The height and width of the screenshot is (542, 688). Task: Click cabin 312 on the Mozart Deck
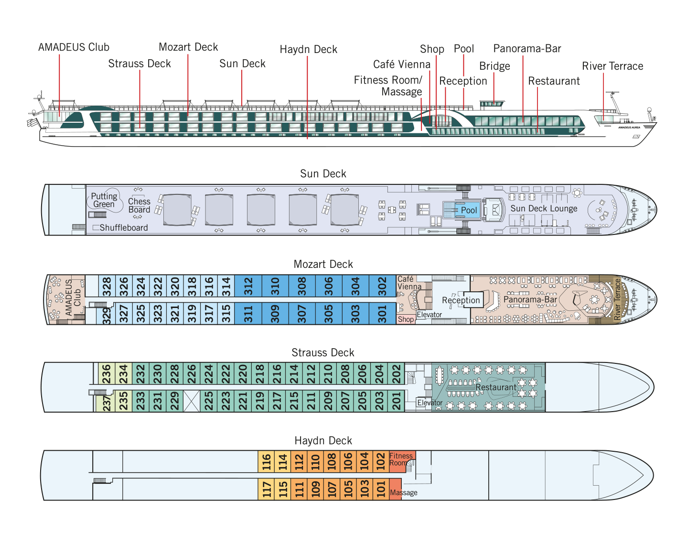(248, 286)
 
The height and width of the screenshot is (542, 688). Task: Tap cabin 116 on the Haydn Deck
(266, 461)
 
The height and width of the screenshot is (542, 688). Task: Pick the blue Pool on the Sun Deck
(462, 210)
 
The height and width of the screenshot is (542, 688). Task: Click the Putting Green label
(104, 200)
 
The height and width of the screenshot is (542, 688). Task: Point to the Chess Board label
(139, 205)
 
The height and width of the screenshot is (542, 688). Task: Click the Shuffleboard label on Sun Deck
(123, 227)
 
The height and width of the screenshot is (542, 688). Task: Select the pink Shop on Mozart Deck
(406, 319)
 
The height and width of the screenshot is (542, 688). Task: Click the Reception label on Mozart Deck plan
(461, 300)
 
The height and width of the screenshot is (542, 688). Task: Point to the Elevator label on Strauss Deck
(430, 403)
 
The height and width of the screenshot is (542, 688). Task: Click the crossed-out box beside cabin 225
(192, 401)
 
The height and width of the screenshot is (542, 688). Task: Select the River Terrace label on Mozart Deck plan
(617, 299)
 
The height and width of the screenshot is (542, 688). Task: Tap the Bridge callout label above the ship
(494, 66)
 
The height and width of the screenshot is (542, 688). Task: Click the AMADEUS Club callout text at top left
(74, 47)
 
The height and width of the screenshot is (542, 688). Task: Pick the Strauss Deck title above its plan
(323, 352)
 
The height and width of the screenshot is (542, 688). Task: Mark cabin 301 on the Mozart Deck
(382, 314)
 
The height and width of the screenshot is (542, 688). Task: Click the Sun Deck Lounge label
(544, 208)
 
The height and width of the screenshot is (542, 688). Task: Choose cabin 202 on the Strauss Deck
(396, 373)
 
